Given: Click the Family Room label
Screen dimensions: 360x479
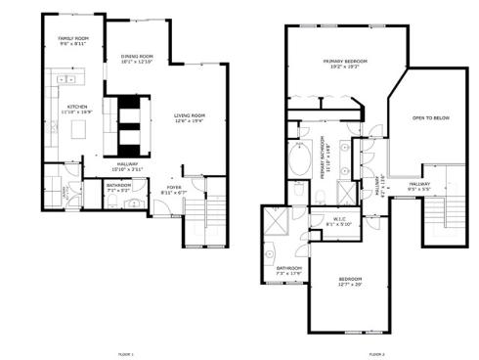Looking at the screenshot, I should click(73, 41).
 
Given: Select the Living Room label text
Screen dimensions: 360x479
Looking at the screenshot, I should click(190, 119).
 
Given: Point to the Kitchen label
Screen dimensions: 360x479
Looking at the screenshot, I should click(77, 110).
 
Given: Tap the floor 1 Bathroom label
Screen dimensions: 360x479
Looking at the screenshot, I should click(119, 187).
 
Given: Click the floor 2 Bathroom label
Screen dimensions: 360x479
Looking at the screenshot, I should click(288, 271).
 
